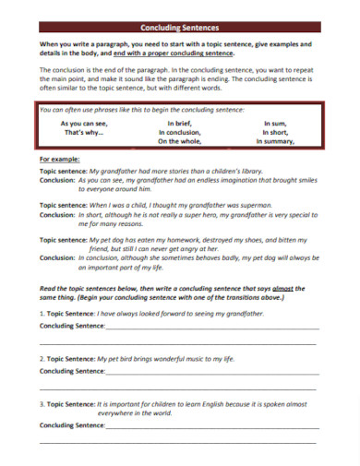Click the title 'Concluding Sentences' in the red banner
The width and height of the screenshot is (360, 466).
(x=180, y=28)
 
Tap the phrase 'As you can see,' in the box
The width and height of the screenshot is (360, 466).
(x=84, y=123)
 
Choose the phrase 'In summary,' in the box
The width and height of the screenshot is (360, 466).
(x=278, y=142)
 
